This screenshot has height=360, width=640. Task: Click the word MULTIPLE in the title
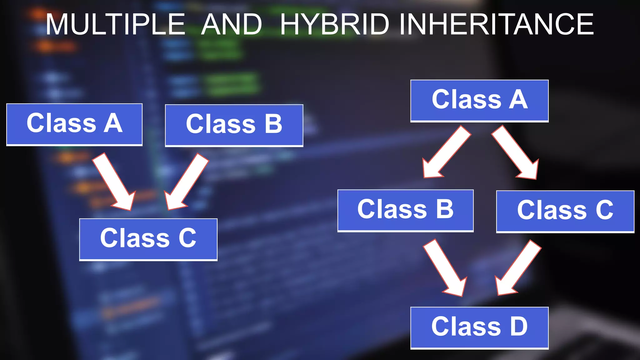(x=116, y=24)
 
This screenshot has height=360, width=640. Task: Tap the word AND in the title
(x=232, y=24)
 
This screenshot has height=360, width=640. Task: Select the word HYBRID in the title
(x=335, y=24)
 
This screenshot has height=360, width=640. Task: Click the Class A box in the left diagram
(x=74, y=124)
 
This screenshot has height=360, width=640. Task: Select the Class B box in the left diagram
(x=234, y=125)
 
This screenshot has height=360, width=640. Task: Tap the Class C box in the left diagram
(x=148, y=239)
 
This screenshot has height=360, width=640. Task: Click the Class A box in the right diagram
(x=479, y=101)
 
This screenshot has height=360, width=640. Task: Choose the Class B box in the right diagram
(x=405, y=210)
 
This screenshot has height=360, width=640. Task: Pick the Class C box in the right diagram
(x=565, y=211)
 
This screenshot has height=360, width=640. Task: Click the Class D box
(x=479, y=327)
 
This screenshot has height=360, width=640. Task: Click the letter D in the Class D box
(x=518, y=326)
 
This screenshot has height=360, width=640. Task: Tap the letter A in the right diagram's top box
(x=518, y=99)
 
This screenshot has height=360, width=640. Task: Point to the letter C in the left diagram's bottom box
(x=187, y=238)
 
